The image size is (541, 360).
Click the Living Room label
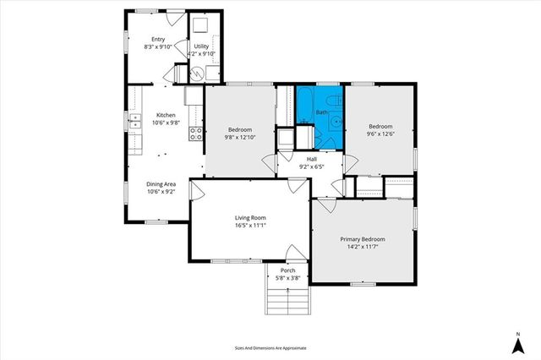click(250, 218)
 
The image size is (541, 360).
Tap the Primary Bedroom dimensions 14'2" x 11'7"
click(364, 247)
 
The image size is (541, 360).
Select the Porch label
click(287, 270)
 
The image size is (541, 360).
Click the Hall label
click(312, 158)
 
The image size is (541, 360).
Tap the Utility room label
click(201, 46)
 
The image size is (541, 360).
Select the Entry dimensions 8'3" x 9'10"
click(158, 46)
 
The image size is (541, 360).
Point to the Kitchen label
click(166, 115)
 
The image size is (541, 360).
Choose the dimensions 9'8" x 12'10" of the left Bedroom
click(239, 136)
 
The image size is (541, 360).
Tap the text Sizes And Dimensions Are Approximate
click(270, 347)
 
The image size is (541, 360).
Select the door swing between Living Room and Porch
click(295, 253)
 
